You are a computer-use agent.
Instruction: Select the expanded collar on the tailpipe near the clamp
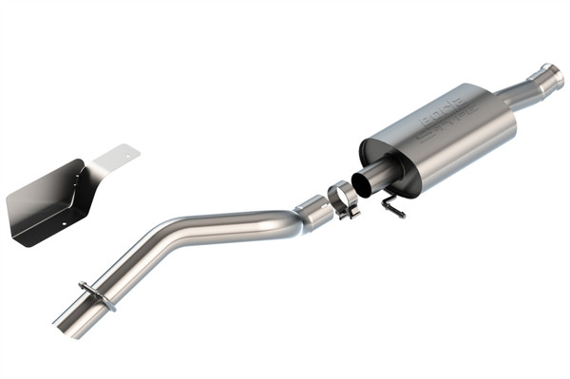313,213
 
